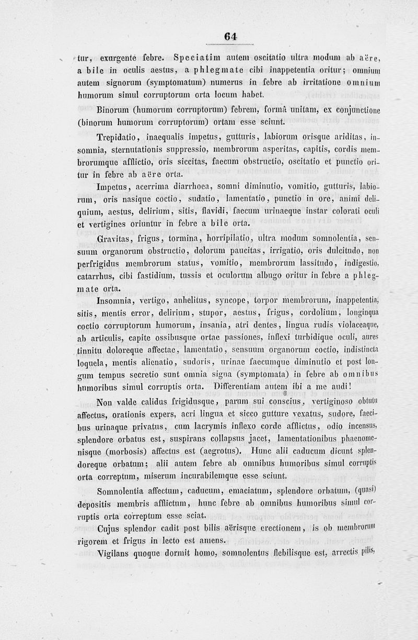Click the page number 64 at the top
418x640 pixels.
click(x=230, y=36)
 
